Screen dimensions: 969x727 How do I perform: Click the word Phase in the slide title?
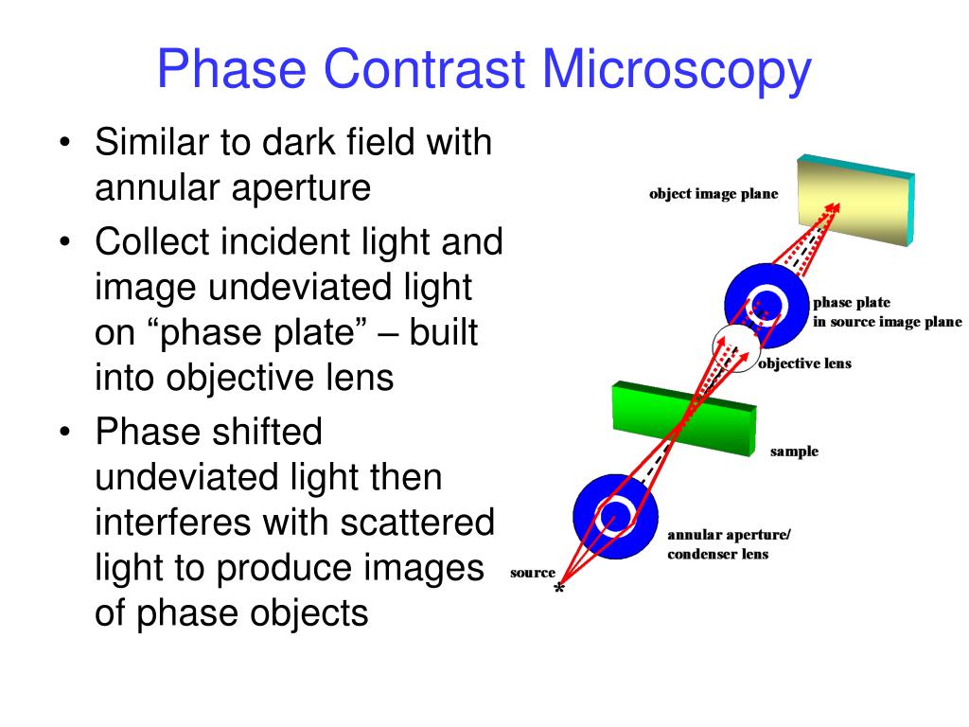(232, 68)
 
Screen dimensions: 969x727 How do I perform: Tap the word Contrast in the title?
(424, 68)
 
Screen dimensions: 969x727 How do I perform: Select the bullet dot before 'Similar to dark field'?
(65, 143)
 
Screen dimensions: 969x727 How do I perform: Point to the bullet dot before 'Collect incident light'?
(65, 241)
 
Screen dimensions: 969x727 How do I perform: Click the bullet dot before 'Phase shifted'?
(65, 432)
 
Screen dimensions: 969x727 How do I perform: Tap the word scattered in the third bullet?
(417, 522)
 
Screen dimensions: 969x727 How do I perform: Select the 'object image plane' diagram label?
(714, 194)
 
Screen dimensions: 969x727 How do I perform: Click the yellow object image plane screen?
(855, 201)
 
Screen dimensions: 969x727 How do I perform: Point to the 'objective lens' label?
(804, 363)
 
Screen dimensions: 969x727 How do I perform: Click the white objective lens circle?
(735, 348)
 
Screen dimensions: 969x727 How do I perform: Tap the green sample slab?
(684, 418)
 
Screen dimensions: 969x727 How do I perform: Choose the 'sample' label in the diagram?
(794, 452)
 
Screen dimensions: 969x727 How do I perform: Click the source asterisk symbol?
(558, 589)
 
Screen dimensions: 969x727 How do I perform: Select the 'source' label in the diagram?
(533, 573)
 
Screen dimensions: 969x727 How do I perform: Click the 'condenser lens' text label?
(717, 554)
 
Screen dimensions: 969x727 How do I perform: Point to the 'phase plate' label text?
(852, 302)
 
